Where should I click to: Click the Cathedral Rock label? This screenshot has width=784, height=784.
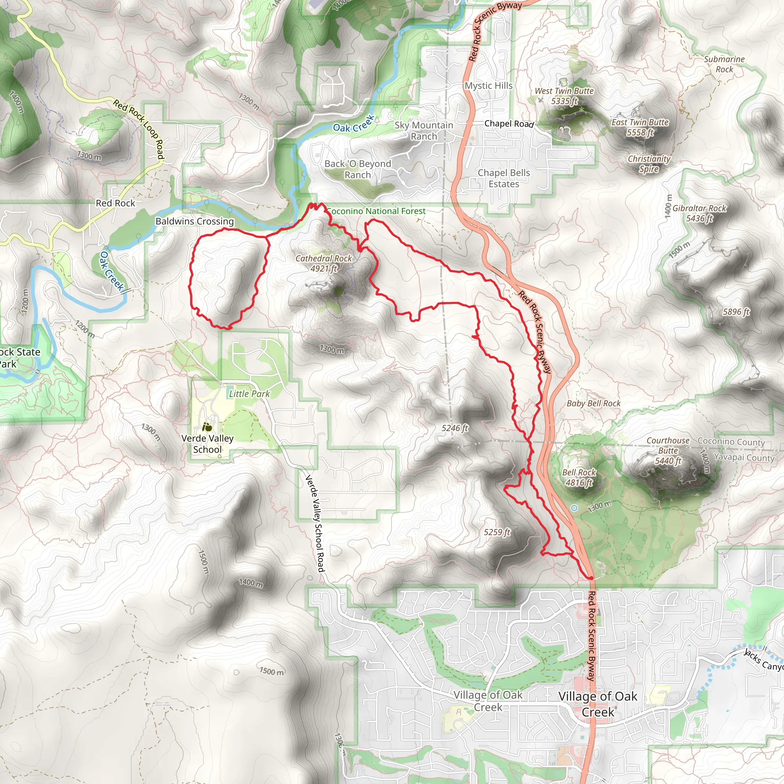coord(323,263)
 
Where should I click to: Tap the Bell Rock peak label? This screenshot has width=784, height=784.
coord(579,477)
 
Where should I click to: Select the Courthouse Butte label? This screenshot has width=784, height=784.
coord(668,451)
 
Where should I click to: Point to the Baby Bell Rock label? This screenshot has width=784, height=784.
coord(593,403)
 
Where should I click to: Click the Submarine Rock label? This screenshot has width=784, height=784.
coord(724,64)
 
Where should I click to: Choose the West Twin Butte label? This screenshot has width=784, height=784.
coord(564,96)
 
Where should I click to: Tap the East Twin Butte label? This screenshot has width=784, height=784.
coord(640,127)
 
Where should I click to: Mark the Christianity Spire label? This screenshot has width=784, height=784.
coord(648,164)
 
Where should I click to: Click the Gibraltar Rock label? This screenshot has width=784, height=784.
coord(699,213)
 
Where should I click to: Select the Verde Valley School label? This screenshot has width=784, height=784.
coord(207,444)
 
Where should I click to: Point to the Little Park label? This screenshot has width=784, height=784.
coord(249,394)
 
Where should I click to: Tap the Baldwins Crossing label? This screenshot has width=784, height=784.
coord(195,221)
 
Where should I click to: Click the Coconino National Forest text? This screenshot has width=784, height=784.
coord(376,211)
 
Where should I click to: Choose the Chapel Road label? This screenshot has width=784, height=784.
coord(509,123)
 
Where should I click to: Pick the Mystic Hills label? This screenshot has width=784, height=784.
coord(488,86)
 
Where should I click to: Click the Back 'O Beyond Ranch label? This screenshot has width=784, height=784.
coord(358,169)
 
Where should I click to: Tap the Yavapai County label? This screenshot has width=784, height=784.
coord(744,457)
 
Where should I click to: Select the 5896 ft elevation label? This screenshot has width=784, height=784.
coord(736,312)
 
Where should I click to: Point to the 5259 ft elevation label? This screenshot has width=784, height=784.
coord(497,532)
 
